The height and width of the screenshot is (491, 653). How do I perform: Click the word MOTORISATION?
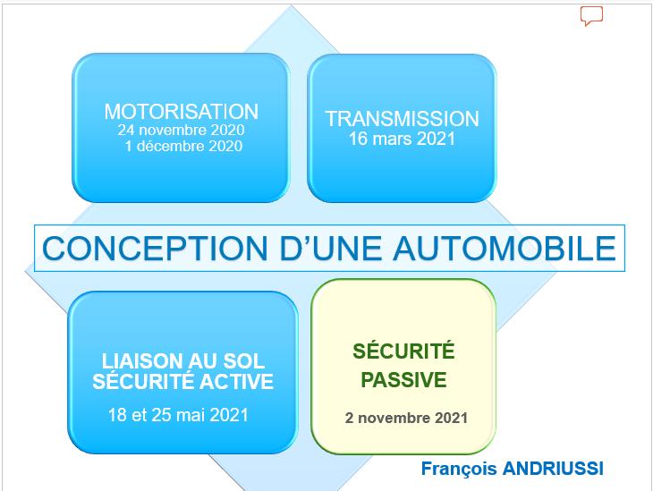182,112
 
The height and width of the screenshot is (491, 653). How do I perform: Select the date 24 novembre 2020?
181,130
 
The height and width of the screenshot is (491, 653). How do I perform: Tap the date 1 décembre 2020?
183,146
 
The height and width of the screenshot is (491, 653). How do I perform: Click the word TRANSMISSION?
402,119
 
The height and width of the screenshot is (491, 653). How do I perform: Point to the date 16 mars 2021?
402,139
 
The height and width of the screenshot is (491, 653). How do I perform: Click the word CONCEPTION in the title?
155,249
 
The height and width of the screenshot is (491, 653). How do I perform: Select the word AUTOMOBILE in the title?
505,249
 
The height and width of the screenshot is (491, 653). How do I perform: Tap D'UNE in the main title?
331,249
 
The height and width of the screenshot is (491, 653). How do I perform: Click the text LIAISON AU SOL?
183,361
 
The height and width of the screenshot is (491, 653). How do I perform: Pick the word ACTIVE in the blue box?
236,382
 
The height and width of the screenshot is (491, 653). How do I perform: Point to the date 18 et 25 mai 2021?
178,415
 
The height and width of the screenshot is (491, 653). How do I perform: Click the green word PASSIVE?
403,380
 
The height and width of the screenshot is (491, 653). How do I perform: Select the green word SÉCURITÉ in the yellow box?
403,351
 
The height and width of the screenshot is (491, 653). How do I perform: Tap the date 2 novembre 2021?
406,418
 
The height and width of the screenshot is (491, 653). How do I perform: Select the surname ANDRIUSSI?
553,469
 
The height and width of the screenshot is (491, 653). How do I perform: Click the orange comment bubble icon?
592,16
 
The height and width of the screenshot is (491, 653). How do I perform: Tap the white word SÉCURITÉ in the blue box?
143,381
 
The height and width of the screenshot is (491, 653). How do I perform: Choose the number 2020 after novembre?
227,130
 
